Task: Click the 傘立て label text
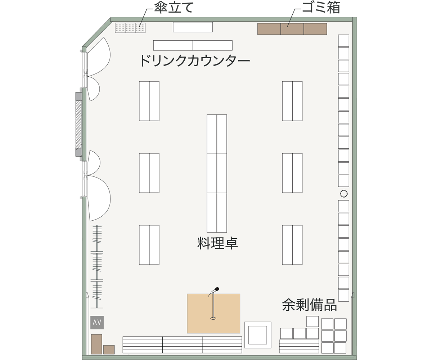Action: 174,8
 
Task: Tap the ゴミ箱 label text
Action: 321,8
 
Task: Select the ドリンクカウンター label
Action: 195,60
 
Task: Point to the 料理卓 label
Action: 217,243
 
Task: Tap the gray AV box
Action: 97,322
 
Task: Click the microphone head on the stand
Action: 217,289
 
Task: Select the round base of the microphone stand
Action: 213,318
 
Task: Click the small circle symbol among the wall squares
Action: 344,194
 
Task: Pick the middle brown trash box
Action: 292,29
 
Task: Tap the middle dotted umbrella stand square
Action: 130,28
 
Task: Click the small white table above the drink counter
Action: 193,27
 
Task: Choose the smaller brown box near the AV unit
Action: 109,350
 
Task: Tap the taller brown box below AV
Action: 96,344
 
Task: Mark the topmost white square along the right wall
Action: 344,41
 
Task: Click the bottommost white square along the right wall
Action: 344,295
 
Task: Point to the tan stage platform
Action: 213,314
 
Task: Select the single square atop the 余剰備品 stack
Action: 312,321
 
